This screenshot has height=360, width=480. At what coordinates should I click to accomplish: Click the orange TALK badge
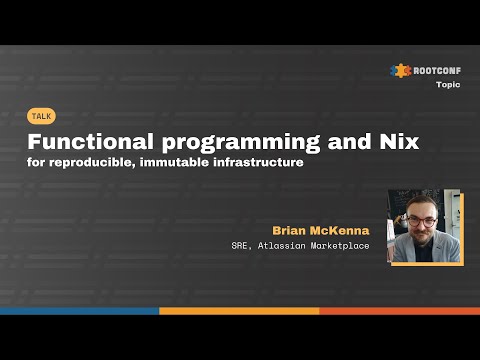pos(42,116)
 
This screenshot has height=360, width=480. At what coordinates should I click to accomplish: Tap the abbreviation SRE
pos(265,246)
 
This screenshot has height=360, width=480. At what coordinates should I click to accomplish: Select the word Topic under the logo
pos(449,85)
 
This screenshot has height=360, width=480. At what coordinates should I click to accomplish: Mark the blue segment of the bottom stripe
pos(80,311)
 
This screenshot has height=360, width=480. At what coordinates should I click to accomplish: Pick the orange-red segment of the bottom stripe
pos(400,311)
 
